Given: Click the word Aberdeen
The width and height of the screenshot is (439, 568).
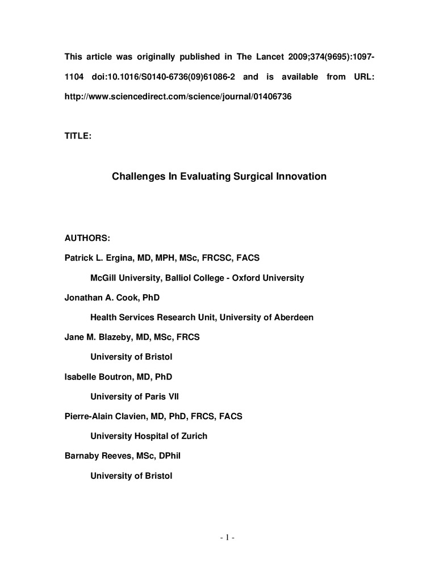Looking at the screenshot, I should tap(294, 318).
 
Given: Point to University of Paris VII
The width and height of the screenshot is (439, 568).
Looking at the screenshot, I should tap(135, 396).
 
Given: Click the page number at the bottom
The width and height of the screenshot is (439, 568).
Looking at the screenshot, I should tap(219, 537).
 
